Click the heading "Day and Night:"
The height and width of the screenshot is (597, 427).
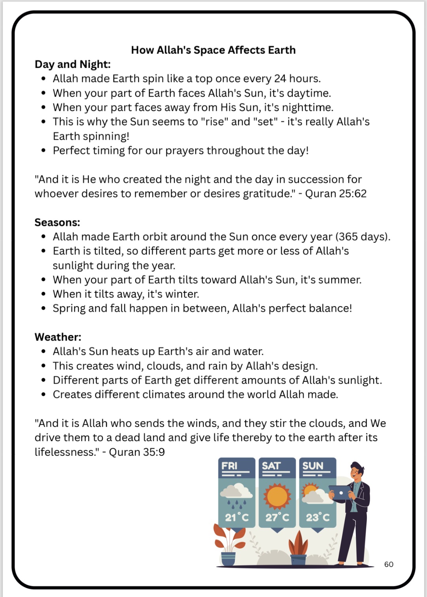[x=73, y=64]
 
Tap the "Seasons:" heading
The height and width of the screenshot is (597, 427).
[x=57, y=222]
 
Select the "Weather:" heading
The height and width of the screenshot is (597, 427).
[x=58, y=337]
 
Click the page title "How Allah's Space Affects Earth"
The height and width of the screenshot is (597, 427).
[x=213, y=50]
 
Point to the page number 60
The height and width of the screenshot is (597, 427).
[x=389, y=564]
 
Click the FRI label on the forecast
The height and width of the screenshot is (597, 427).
[x=230, y=466]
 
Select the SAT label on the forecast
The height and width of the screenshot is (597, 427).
[x=271, y=466]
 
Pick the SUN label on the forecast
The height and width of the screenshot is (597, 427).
[x=313, y=466]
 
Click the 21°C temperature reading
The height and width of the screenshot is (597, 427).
[x=237, y=517]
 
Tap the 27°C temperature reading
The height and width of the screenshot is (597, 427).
[x=277, y=517]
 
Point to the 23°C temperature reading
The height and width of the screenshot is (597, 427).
[x=318, y=517]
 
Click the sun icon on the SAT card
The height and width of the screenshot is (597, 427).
[x=277, y=496]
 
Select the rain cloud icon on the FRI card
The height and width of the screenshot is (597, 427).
[x=236, y=495]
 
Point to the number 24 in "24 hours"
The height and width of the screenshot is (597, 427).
[x=280, y=78]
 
